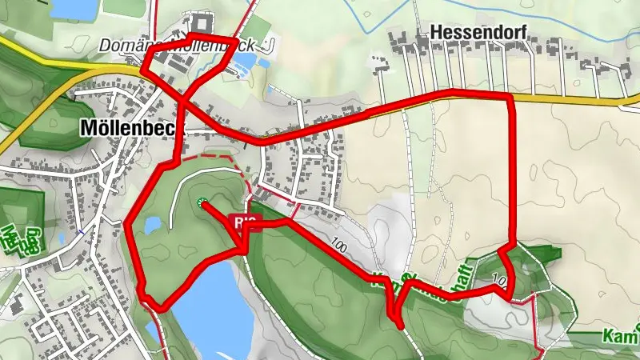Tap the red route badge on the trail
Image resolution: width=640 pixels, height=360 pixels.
pos(246,222)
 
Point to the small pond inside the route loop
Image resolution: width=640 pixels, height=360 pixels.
pos(153,226)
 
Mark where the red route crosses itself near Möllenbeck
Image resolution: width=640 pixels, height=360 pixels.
pos(182,102)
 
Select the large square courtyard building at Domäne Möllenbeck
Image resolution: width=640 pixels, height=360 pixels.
pos(199,22)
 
